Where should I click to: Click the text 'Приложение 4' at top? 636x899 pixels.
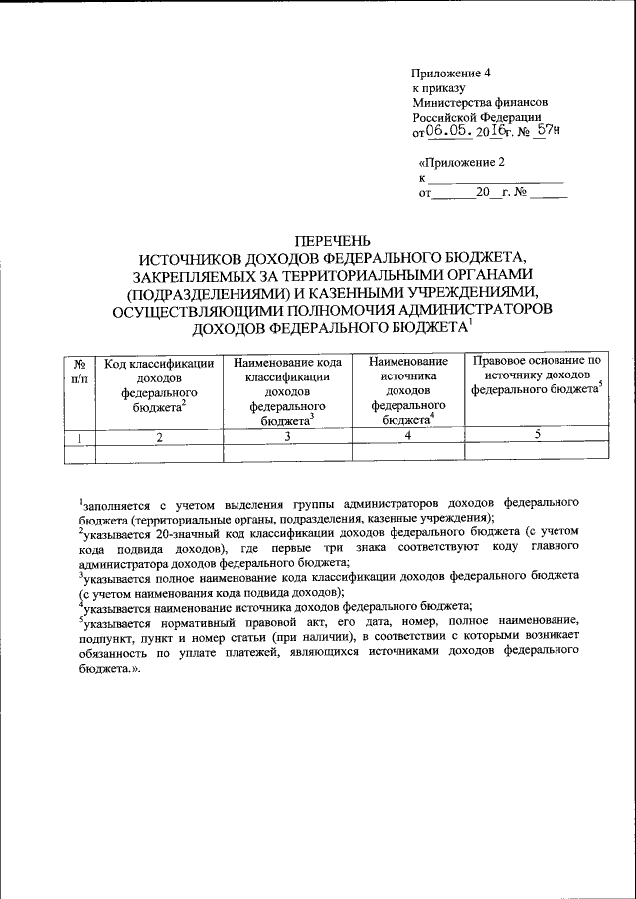pyautogui.click(x=452, y=74)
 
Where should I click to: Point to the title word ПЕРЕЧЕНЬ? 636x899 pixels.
pyautogui.click(x=333, y=240)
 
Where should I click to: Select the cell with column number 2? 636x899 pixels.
pyautogui.click(x=159, y=436)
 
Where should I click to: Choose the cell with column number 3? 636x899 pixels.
pyautogui.click(x=288, y=436)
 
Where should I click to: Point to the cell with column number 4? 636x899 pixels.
pyautogui.click(x=407, y=436)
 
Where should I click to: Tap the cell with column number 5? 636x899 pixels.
pyautogui.click(x=538, y=434)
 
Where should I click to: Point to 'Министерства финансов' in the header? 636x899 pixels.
pyautogui.click(x=480, y=102)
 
